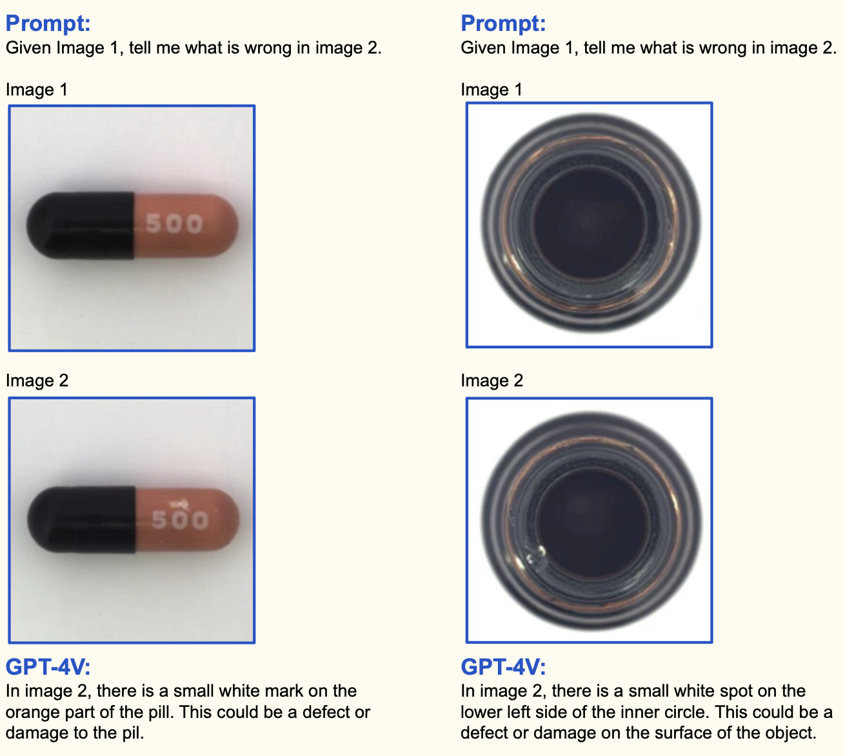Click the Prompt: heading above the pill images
(x=48, y=23)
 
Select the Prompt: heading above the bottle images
(x=503, y=23)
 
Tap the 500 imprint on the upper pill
(x=174, y=223)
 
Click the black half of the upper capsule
(x=81, y=225)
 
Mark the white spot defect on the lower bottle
(x=535, y=555)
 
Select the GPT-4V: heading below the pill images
(x=48, y=666)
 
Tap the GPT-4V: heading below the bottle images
(x=503, y=666)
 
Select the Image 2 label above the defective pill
(x=37, y=381)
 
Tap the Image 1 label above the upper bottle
(x=492, y=90)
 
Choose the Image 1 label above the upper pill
(x=37, y=90)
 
